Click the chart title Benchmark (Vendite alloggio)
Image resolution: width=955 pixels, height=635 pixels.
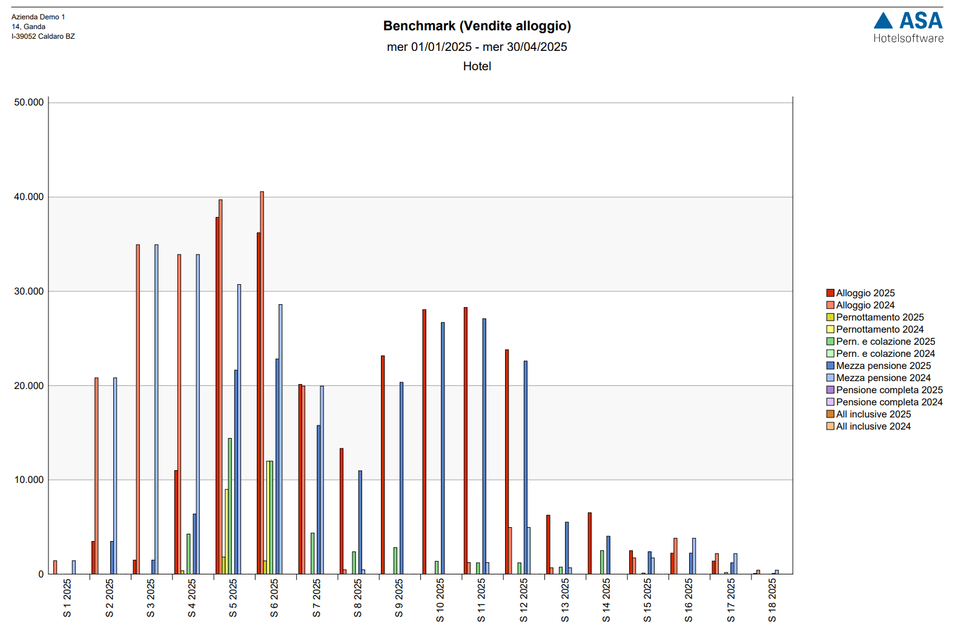click(477, 26)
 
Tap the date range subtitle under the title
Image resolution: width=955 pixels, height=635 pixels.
click(477, 47)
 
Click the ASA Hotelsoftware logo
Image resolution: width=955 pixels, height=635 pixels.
click(908, 28)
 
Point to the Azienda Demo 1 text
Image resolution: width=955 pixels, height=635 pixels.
click(38, 17)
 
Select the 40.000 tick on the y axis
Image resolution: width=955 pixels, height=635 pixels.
click(29, 197)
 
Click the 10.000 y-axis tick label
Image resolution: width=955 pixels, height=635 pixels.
click(29, 480)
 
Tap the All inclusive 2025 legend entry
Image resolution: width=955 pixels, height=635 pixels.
click(873, 414)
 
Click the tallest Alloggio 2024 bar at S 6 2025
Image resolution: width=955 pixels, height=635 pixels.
click(262, 382)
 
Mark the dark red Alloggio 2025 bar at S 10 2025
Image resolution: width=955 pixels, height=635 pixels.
click(424, 442)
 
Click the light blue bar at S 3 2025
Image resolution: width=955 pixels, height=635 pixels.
click(156, 409)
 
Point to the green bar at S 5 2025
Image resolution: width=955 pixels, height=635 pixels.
click(230, 506)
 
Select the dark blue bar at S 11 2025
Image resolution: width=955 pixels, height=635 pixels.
click(484, 446)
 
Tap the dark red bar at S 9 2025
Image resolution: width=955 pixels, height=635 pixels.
click(383, 465)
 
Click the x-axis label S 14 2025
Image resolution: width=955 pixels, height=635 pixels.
click(606, 600)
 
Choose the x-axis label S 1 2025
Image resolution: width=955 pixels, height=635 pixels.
click(67, 597)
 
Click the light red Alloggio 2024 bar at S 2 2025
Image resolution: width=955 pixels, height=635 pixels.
click(96, 476)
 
